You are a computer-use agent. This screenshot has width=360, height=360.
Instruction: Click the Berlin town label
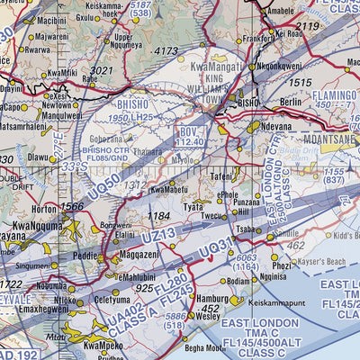(291, 103)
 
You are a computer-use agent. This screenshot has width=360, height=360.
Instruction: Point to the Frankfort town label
(256, 40)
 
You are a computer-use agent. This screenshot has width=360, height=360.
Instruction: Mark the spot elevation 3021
(102, 69)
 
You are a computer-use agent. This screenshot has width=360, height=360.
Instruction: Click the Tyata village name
(193, 206)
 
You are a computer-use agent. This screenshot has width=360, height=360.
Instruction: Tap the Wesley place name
(208, 316)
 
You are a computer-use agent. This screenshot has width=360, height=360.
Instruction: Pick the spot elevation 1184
(160, 216)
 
